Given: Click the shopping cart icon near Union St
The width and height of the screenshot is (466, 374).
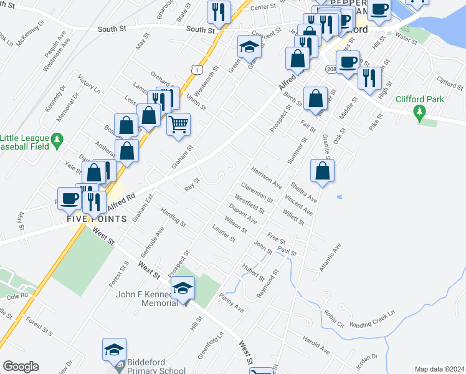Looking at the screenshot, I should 178,124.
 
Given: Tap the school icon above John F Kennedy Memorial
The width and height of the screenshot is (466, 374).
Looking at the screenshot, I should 184,288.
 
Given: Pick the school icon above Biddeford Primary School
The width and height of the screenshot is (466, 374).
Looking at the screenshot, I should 115,350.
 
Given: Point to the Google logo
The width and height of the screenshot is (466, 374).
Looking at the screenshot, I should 21,367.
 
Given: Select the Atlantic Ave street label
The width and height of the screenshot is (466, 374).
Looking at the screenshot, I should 330,255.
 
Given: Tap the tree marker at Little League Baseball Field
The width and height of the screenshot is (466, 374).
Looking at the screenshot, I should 57,138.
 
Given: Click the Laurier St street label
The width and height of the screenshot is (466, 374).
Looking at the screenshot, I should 224,234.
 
